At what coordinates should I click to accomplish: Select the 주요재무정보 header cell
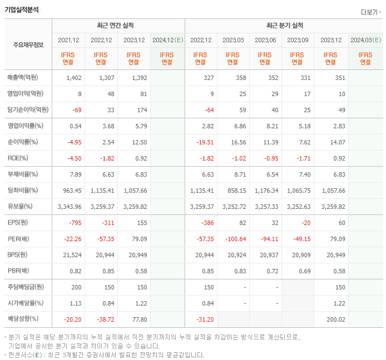[x=28, y=45]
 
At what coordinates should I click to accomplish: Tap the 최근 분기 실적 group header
[x=285, y=26]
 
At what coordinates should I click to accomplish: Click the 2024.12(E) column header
[x=167, y=40]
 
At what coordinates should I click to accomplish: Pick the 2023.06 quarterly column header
[x=266, y=40]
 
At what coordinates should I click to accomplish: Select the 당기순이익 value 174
[x=140, y=110]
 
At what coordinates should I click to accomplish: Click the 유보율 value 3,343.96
[x=70, y=207]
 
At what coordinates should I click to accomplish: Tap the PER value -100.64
[x=234, y=239]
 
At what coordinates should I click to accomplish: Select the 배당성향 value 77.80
[x=138, y=319]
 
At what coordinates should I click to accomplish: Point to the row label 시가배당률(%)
[x=25, y=303]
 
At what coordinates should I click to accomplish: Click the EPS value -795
[x=74, y=223]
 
